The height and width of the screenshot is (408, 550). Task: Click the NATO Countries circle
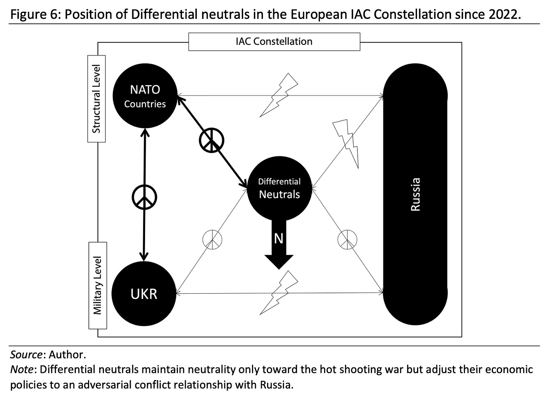(145, 96)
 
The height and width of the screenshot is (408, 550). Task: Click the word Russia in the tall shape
(416, 194)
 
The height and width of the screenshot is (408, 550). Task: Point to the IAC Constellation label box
(274, 41)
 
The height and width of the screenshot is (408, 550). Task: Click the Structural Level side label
(97, 99)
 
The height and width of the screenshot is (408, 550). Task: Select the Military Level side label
(97, 285)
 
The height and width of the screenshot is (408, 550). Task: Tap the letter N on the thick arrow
(278, 239)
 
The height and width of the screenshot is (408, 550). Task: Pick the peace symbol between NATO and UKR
(144, 197)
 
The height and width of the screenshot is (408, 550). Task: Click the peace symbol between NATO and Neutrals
(212, 140)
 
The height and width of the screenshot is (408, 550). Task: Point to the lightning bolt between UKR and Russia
(279, 292)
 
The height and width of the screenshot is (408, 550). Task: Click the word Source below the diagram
(26, 355)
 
